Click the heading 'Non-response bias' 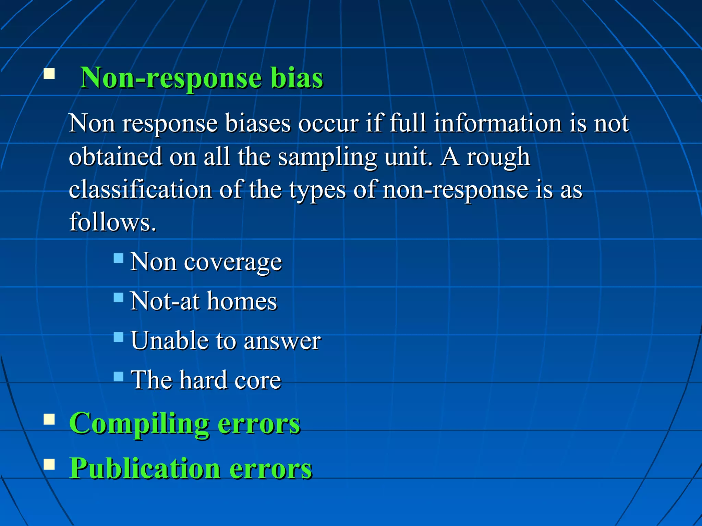tap(201, 78)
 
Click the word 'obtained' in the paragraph tap(115, 156)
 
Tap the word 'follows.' tap(113, 222)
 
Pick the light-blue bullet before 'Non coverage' tap(119, 258)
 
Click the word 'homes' tap(242, 301)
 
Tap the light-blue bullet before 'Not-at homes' tap(119, 297)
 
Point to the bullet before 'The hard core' tap(119, 377)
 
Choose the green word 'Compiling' tap(139, 424)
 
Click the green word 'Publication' tap(145, 468)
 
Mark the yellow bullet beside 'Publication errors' tap(49, 464)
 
